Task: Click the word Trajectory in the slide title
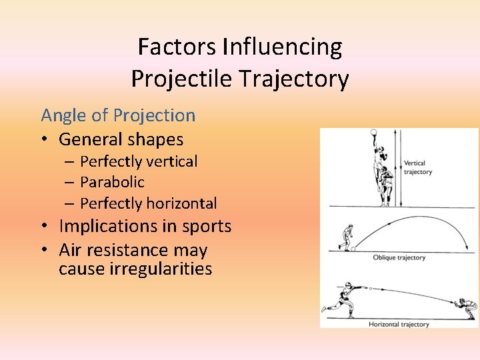[307, 79]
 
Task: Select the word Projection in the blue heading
[154, 115]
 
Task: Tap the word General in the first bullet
[87, 139]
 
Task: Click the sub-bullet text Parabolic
[112, 182]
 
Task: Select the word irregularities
[135, 269]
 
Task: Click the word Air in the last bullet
[71, 250]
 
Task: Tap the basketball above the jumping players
[373, 132]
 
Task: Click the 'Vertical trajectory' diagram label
[418, 167]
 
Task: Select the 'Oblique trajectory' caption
[399, 257]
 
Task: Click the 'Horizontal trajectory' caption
[399, 324]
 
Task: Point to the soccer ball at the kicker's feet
[353, 248]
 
